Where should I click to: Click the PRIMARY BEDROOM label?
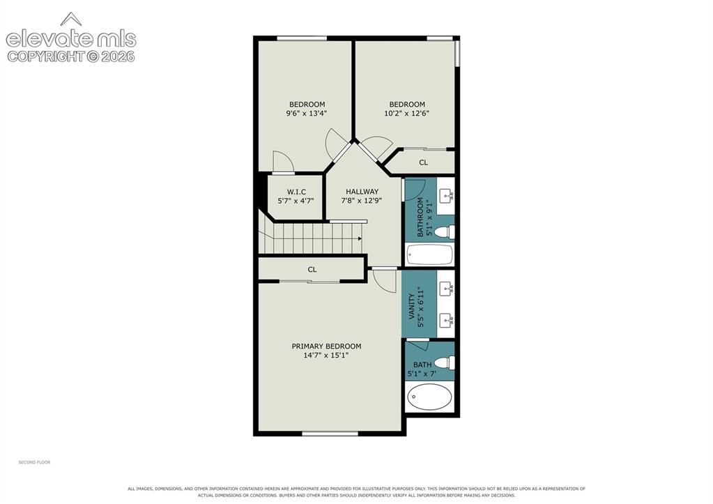(x=326, y=346)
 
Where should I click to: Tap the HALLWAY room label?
(x=362, y=192)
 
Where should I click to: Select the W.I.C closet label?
(x=296, y=192)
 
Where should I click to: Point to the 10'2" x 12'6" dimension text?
(x=406, y=113)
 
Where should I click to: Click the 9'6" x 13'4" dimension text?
(x=307, y=113)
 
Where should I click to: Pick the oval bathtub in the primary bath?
(x=430, y=397)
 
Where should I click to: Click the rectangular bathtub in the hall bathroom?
(x=430, y=254)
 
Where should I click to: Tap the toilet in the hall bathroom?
(x=444, y=232)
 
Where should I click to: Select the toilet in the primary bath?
(x=444, y=362)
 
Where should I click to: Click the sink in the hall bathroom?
(x=446, y=196)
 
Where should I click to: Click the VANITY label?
(x=411, y=305)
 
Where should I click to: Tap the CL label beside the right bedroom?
(x=423, y=162)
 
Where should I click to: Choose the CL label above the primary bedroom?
(x=312, y=270)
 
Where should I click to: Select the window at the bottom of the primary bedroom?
(x=330, y=434)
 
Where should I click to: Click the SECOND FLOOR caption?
(x=34, y=462)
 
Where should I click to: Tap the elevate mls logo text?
(x=71, y=39)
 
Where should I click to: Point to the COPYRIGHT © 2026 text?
(x=71, y=56)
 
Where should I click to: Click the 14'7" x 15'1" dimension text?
(x=326, y=356)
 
